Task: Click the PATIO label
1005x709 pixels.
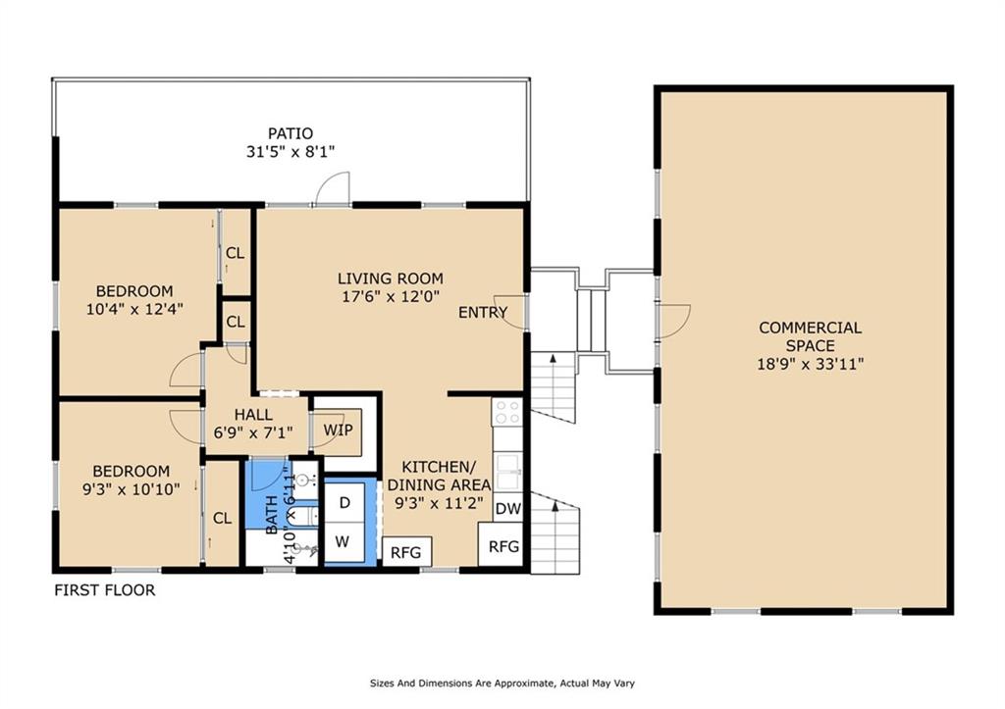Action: click(291, 133)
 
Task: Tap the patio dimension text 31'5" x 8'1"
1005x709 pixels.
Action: click(291, 152)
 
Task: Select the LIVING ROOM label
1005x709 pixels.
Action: click(391, 279)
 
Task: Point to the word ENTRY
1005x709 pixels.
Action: click(483, 312)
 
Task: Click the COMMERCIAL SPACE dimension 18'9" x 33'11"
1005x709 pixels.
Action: click(810, 364)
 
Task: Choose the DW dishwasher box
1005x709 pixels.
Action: click(508, 509)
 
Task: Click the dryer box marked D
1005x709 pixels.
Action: click(344, 503)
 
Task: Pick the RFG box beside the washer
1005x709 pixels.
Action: click(406, 552)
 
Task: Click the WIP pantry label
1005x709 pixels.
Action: click(338, 430)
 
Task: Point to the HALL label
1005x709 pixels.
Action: click(253, 415)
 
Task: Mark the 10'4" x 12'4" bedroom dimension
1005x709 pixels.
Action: click(134, 309)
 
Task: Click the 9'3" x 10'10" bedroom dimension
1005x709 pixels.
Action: click(131, 489)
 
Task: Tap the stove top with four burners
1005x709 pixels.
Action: click(507, 411)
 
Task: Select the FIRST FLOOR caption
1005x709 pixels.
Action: click(104, 590)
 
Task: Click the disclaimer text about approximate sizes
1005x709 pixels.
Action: click(502, 684)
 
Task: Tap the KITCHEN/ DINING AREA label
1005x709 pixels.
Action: click(439, 476)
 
